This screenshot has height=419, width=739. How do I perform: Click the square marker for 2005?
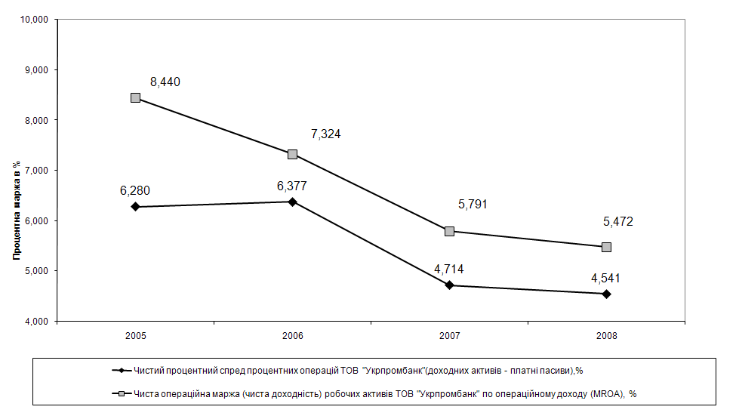tap(136, 97)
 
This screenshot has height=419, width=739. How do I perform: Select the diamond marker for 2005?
tap(136, 206)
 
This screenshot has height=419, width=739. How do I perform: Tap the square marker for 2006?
tap(292, 154)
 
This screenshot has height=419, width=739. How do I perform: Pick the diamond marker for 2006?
tap(292, 202)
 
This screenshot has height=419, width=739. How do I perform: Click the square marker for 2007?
tap(449, 231)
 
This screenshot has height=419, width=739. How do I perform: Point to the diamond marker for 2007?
tap(449, 285)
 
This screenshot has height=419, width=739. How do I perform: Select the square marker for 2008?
tap(606, 247)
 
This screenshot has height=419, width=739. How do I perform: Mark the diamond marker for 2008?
tap(606, 294)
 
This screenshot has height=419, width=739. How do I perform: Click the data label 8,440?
tap(165, 82)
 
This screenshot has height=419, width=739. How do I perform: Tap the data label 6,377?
tap(292, 186)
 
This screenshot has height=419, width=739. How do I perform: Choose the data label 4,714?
tap(449, 270)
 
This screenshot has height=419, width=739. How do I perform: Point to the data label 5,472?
tap(618, 222)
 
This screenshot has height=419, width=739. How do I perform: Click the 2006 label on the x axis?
tap(292, 334)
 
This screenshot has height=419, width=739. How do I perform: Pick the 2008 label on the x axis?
tap(606, 334)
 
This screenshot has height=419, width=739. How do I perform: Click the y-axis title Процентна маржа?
tap(16, 211)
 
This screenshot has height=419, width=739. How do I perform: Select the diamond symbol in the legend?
tap(119, 371)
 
